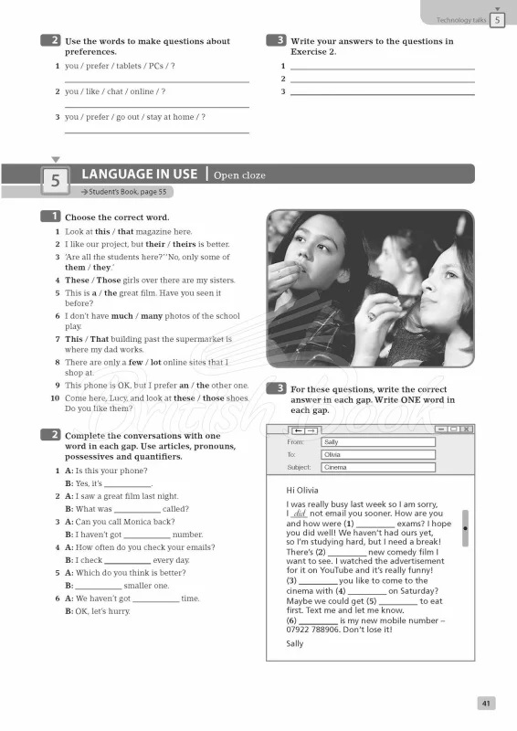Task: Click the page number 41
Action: [486, 703]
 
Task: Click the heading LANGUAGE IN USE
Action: [140, 174]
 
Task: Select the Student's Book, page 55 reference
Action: [124, 193]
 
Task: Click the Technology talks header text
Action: [461, 19]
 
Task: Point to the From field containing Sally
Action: [377, 441]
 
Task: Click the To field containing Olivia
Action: [377, 454]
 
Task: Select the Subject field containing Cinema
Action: [377, 467]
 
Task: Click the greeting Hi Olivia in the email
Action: [303, 490]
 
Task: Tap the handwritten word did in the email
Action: [300, 514]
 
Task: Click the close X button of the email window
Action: [467, 429]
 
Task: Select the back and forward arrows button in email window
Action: [304, 429]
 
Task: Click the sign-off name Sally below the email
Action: [294, 643]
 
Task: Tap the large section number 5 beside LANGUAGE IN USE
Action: [54, 181]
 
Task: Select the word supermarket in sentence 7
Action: [196, 339]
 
